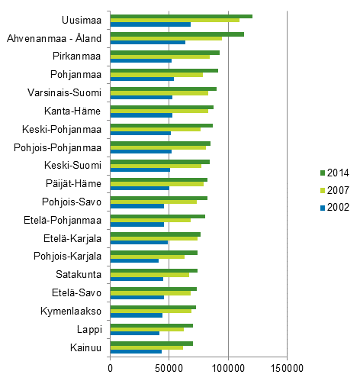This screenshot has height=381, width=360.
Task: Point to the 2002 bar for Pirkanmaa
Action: [x=140, y=60]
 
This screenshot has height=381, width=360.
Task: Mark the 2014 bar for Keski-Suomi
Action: [x=159, y=161]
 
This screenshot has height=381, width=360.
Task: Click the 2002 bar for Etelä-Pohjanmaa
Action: [x=137, y=224]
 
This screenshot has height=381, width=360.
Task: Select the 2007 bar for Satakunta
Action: [x=149, y=275]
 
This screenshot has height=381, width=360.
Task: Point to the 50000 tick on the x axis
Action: [x=169, y=369]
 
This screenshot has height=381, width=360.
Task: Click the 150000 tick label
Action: [x=287, y=369]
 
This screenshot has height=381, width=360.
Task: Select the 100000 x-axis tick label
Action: [x=227, y=369]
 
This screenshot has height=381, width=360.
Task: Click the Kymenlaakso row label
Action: [x=73, y=310]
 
